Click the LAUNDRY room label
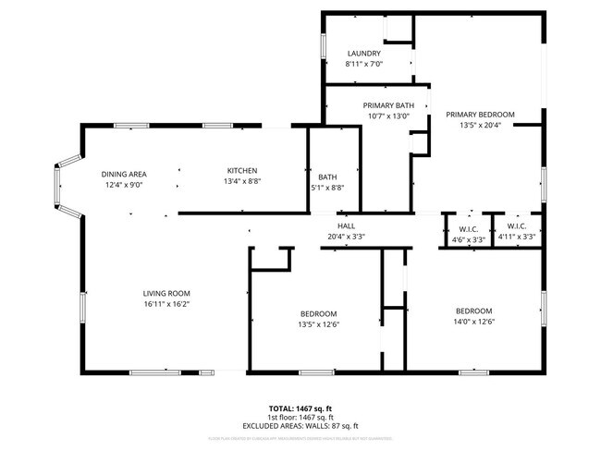[x=363, y=54]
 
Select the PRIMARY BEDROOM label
[x=480, y=115]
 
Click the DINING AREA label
[x=124, y=174]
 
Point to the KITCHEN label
[x=242, y=170]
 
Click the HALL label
[x=346, y=225]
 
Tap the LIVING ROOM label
[x=166, y=293]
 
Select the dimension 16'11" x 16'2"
[x=166, y=304]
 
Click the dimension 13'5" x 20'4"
[x=480, y=126]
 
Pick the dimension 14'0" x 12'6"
[x=473, y=322]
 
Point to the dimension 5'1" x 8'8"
[x=327, y=188]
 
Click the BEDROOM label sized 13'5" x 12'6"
[x=317, y=313]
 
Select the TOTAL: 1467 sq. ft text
[x=300, y=408]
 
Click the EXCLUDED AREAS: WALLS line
[x=300, y=426]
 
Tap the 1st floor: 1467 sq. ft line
[x=300, y=417]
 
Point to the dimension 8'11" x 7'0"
[x=363, y=64]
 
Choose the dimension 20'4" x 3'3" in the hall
[x=346, y=237]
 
